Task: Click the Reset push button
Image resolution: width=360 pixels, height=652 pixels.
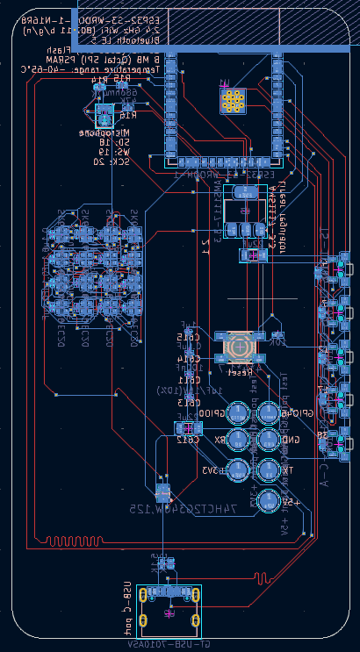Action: point(239,347)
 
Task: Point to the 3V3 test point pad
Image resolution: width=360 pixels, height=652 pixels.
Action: point(238,469)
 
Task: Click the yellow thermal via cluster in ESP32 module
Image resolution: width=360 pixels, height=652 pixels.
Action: point(233,101)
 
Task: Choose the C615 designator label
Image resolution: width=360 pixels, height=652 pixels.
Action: point(188,336)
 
